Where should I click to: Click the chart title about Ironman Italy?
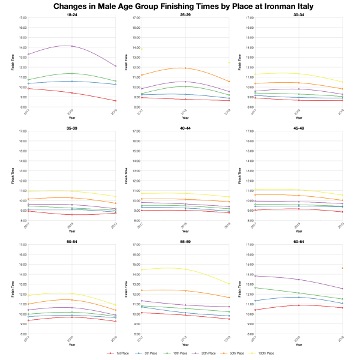(x=180, y=6)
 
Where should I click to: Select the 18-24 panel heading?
(x=71, y=14)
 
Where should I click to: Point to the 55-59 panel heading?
(x=185, y=241)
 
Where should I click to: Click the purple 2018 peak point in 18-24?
(x=71, y=46)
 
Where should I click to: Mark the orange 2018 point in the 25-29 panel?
(x=185, y=68)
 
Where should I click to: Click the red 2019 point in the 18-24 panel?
(x=116, y=101)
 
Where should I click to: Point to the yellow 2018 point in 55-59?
(x=185, y=269)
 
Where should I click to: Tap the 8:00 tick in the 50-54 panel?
(x=21, y=334)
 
